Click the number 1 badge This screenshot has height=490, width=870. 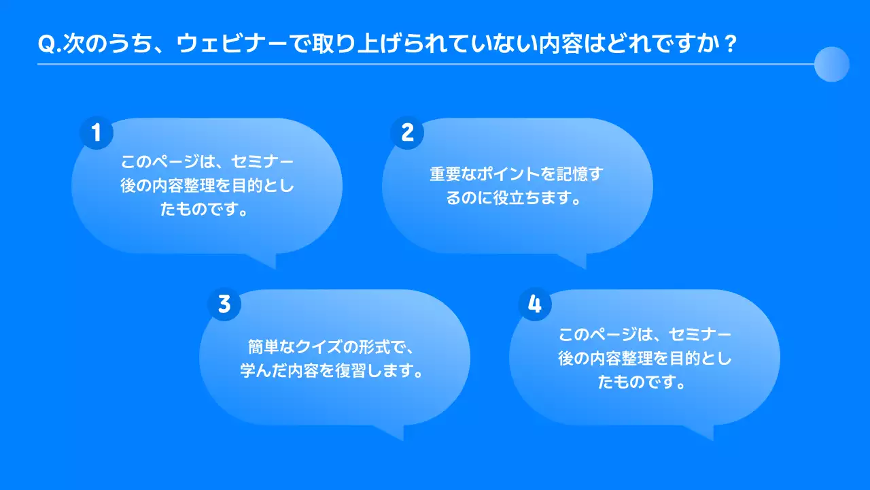coord(97,133)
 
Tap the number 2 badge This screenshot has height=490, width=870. coord(407,133)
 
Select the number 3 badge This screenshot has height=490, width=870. coord(224,304)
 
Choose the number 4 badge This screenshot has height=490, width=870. coord(535,304)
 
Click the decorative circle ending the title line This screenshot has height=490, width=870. coord(831,64)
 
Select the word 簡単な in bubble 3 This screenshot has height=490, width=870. coord(270,347)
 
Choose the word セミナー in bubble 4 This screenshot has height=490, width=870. coord(699,335)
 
